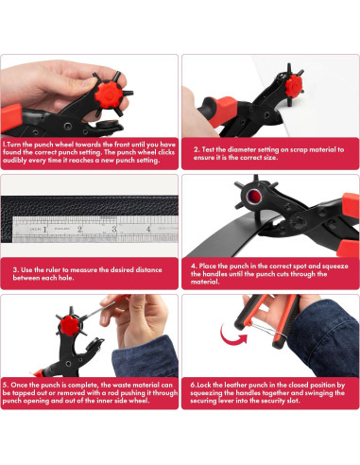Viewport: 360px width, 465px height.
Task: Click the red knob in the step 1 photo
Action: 108,94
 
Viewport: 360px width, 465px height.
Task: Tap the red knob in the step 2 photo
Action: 294,85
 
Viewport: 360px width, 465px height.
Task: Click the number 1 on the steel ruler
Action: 44,230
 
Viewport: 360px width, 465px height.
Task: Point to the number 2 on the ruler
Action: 79,230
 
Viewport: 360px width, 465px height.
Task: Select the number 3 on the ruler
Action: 114,229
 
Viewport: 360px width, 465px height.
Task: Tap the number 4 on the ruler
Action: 148,229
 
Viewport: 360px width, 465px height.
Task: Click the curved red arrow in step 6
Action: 231,336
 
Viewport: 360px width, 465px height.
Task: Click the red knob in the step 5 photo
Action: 70,325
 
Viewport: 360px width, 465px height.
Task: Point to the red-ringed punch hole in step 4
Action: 254,198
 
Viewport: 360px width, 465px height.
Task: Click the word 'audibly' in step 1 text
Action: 13,161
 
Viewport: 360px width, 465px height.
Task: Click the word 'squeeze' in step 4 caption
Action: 335,267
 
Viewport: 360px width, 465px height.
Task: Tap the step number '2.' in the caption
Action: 197,149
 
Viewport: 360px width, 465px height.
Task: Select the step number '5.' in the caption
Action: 6,385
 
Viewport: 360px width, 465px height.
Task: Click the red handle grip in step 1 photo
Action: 11,117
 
